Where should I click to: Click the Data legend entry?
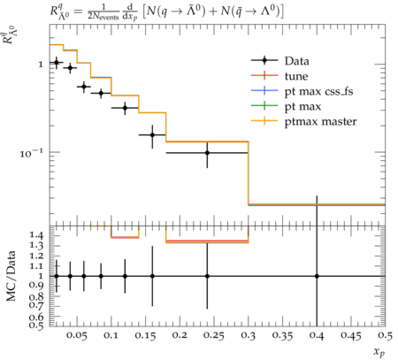tap(297, 61)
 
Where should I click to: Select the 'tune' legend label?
tap(296, 76)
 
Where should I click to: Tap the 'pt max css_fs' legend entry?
tap(318, 92)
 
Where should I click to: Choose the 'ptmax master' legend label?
tap(320, 122)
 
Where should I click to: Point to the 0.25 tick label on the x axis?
tap(214, 335)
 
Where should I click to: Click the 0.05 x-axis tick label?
tap(76, 335)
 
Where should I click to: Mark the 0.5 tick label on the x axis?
tap(385, 335)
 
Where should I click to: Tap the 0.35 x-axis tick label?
tap(282, 335)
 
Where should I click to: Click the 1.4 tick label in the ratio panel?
tap(36, 235)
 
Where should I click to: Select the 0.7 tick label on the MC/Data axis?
tap(36, 304)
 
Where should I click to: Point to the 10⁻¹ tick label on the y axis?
tap(32, 153)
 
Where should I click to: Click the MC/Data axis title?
tap(11, 276)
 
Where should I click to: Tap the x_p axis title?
tap(379, 352)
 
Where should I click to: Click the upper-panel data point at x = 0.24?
tap(207, 153)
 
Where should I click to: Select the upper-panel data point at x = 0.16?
tap(152, 135)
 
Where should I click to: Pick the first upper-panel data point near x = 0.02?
tap(57, 63)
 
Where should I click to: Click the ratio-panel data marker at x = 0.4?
tap(317, 276)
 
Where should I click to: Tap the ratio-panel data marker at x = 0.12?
tap(125, 276)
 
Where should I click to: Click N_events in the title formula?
tap(105, 16)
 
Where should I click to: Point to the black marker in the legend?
tap(264, 60)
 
